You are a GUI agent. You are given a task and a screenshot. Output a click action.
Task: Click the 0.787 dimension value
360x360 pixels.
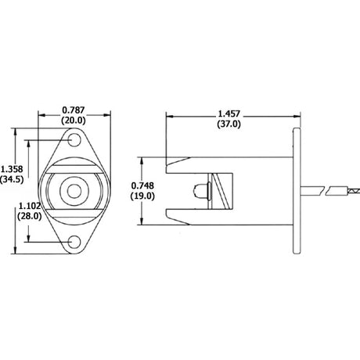coord(75,111)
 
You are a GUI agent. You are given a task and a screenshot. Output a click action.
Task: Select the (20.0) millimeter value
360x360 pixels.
coord(75,121)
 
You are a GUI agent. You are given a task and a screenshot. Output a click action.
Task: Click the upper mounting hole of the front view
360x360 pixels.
coord(75,141)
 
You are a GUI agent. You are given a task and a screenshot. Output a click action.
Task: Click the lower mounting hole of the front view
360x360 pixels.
coord(75,243)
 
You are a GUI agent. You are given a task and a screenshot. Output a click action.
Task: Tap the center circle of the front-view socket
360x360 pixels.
coord(75,192)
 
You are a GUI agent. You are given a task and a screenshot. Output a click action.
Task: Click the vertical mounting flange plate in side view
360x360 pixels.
coord(296,192)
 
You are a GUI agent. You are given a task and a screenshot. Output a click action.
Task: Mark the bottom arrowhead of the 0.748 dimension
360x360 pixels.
coord(142,221)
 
